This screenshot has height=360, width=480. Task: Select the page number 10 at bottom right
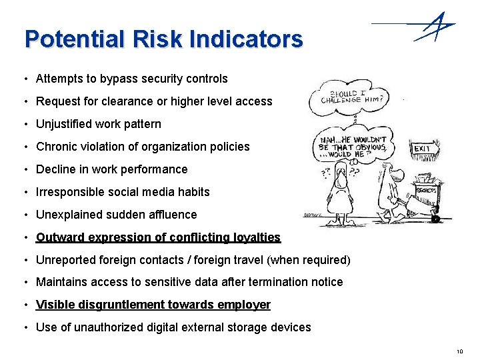459,351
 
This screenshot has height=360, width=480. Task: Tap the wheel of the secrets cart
435,218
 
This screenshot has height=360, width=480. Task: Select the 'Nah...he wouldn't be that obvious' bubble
353,145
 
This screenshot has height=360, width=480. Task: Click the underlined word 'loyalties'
257,237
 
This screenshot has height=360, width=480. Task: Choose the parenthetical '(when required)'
314,260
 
